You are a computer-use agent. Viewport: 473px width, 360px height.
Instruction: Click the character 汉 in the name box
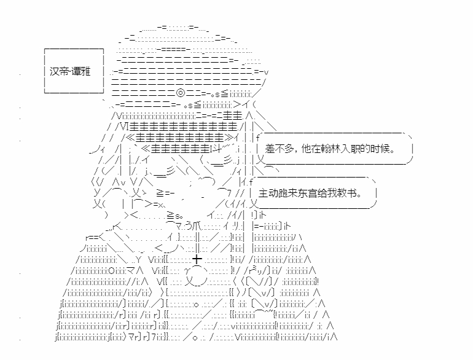point(54,71)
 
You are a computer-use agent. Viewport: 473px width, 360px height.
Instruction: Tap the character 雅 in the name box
point(85,71)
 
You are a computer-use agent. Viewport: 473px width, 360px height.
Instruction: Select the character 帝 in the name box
point(64,71)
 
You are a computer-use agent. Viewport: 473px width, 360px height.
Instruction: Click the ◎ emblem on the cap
point(181,93)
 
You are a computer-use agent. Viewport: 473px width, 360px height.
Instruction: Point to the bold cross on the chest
point(197,259)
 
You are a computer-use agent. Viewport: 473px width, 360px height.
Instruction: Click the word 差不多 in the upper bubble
point(279,149)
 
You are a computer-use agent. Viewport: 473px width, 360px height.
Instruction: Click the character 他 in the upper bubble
point(307,149)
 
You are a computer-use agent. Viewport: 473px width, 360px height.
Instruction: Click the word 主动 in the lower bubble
point(268,193)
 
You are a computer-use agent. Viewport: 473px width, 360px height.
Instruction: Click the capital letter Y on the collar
point(138,259)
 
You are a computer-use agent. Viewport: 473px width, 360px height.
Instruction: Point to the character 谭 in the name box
point(76,71)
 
